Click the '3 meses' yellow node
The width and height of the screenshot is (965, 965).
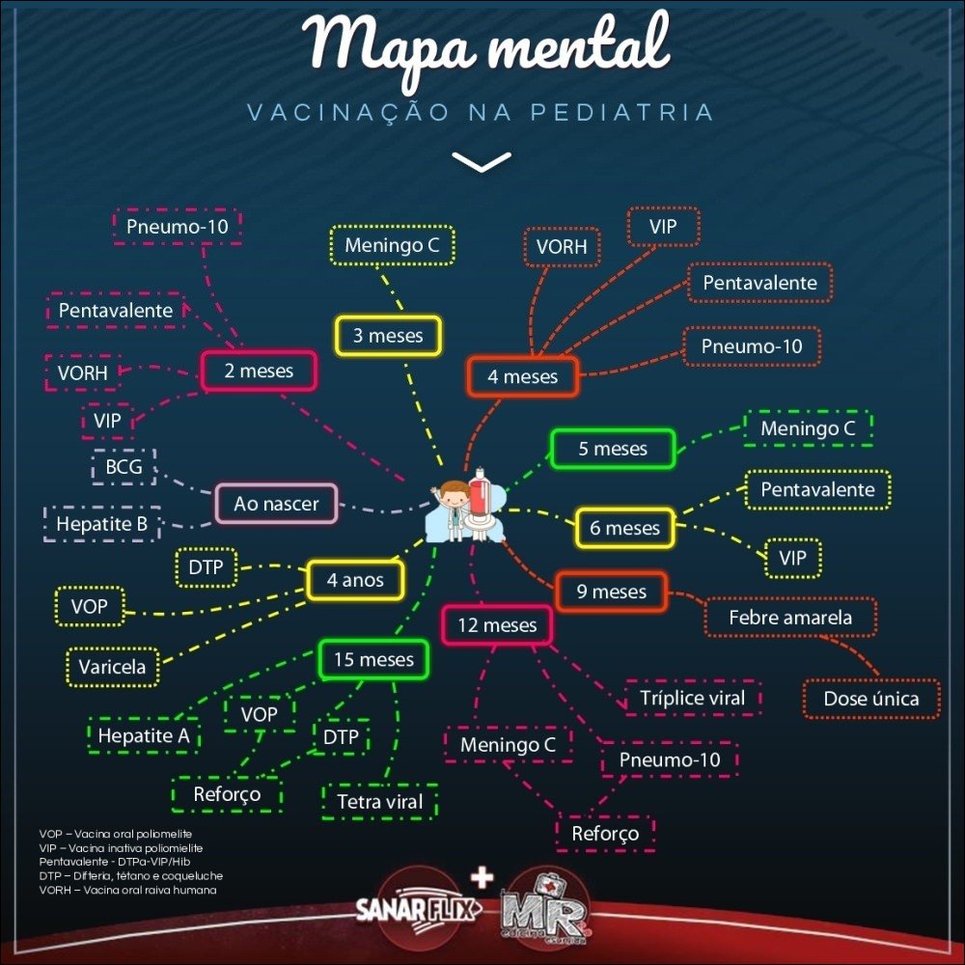[388, 336]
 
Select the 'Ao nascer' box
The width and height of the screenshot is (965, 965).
[276, 503]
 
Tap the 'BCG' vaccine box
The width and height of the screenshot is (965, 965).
[124, 468]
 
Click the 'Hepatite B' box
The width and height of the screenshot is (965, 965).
[101, 524]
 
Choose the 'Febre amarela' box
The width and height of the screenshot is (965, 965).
[790, 617]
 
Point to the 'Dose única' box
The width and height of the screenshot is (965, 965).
[870, 698]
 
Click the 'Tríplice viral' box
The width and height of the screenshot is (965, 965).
[692, 697]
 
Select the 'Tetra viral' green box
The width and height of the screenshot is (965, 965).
[380, 801]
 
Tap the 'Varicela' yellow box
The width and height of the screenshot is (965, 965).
[112, 666]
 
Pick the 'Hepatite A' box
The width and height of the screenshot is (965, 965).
[143, 735]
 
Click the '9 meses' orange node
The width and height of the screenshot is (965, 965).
[611, 591]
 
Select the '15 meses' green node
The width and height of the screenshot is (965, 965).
[373, 660]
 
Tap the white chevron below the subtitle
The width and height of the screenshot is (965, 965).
[482, 161]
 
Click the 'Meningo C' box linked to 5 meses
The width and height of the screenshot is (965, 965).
[808, 427]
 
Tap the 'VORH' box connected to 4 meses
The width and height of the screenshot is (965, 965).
[562, 247]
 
